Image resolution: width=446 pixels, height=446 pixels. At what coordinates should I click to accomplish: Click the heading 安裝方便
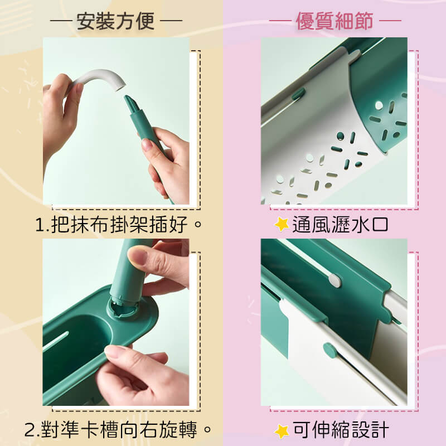click(x=116, y=21)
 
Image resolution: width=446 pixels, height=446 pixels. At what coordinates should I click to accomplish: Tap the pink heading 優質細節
click(x=335, y=21)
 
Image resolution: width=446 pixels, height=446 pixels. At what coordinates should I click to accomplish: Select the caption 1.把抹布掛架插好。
click(x=119, y=225)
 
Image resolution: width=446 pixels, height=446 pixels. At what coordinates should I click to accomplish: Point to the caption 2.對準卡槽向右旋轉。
click(x=118, y=429)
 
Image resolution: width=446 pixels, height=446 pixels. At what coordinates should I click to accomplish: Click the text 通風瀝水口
click(x=340, y=225)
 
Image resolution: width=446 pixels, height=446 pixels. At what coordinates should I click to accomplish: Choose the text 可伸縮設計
click(x=341, y=429)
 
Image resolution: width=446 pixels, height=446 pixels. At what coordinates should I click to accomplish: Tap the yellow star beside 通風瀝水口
click(x=282, y=225)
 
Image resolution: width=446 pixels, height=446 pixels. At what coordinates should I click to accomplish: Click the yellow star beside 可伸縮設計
click(x=282, y=431)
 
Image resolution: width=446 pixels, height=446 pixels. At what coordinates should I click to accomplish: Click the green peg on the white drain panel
click(x=299, y=94)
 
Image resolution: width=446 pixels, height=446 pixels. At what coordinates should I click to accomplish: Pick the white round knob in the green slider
click(x=335, y=280)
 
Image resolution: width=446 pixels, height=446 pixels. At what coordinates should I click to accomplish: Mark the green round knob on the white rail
click(x=330, y=351)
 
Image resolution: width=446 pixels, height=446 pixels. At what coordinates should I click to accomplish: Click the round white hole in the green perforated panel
click(x=379, y=106)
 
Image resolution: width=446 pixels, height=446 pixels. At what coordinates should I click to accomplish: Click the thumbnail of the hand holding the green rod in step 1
click(x=147, y=144)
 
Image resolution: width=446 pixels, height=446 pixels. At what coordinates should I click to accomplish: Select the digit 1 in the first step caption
click(x=40, y=225)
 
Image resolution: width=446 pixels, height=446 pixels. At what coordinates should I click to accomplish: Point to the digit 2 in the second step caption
click(x=30, y=430)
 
